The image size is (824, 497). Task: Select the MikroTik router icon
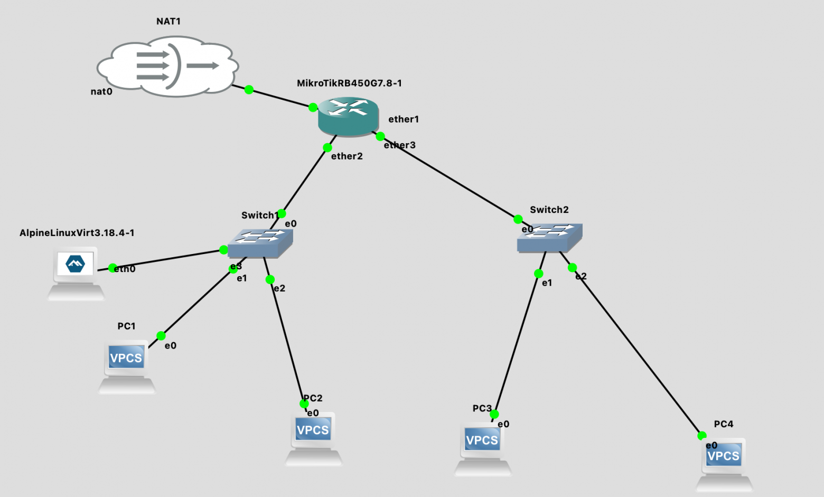pos(349,116)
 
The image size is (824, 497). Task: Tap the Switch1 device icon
pos(260,243)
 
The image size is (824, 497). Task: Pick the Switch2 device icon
pos(549,237)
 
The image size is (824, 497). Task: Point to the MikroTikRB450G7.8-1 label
pos(349,83)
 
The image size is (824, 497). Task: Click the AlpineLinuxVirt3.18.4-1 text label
pos(77,233)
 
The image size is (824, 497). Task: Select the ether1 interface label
pos(404,119)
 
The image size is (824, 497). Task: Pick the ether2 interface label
pos(347,156)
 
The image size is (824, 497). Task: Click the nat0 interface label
pos(101,91)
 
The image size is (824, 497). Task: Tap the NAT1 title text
pos(168,21)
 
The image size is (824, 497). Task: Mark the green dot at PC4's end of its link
pos(702,436)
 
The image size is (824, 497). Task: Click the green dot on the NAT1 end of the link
pos(249,90)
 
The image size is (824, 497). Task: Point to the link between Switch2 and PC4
pos(636,351)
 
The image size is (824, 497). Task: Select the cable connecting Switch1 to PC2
pos(286,341)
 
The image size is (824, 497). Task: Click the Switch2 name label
pos(549,210)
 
